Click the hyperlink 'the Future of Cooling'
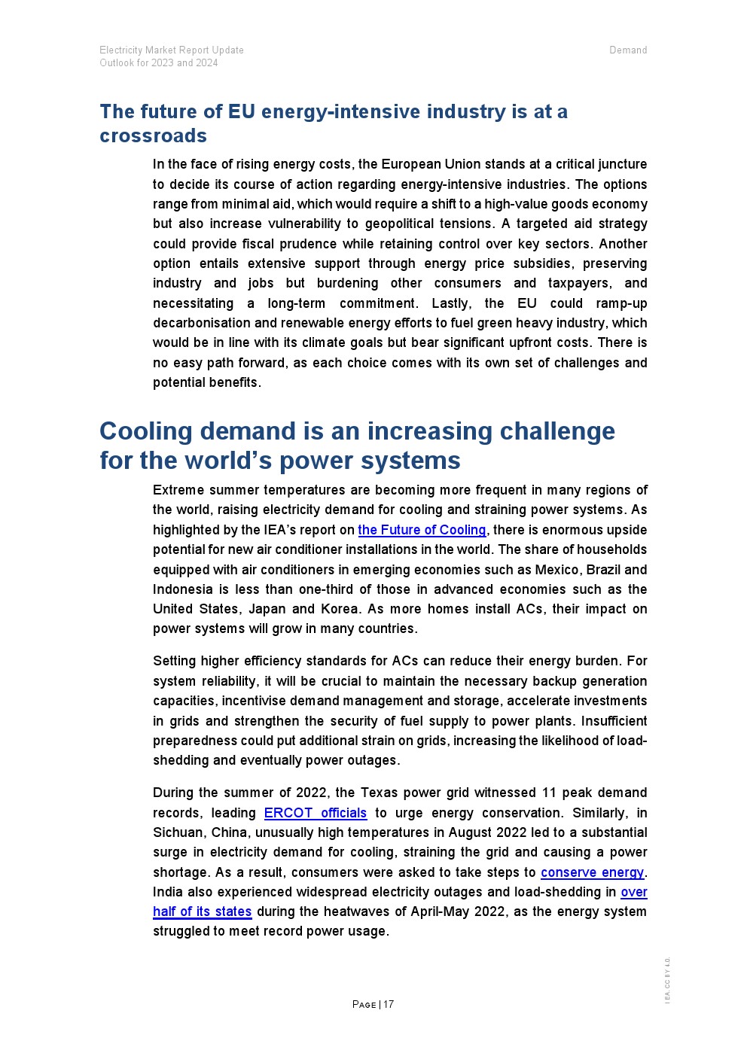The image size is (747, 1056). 422,530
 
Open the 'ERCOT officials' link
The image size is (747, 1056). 315,813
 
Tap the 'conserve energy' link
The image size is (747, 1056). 592,872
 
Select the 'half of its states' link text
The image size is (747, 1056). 202,911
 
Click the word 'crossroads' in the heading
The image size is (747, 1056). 153,135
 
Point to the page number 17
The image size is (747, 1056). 389,1004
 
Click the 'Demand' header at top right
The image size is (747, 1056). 628,50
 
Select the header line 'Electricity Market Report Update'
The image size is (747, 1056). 172,50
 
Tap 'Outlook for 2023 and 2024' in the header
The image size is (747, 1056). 159,63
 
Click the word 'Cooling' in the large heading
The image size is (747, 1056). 146,431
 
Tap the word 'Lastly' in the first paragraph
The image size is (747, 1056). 451,303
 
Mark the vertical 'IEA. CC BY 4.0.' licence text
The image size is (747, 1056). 667,980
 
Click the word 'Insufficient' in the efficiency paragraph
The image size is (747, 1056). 614,721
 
